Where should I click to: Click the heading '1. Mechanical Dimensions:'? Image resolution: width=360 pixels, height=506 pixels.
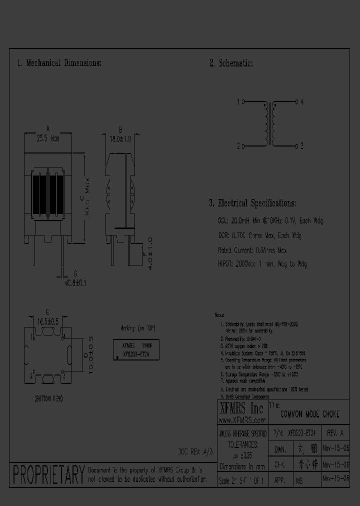click(x=59, y=63)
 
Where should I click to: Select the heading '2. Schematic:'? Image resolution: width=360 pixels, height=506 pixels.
click(x=230, y=63)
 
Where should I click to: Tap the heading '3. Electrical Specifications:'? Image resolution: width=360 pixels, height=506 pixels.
click(x=252, y=203)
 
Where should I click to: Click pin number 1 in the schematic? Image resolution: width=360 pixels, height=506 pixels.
click(x=238, y=102)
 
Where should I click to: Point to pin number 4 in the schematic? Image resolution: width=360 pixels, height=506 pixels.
click(x=302, y=102)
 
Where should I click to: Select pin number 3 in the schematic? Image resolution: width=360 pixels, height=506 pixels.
click(x=302, y=146)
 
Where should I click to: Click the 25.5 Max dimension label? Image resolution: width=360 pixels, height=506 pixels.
click(x=48, y=139)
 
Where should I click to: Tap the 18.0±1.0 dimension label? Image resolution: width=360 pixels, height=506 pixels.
click(x=120, y=139)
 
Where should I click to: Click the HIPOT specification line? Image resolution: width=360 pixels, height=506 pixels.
click(x=262, y=264)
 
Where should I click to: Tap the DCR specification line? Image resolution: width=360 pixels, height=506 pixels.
click(x=259, y=235)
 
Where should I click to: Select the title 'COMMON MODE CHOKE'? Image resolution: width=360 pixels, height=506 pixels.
click(x=309, y=414)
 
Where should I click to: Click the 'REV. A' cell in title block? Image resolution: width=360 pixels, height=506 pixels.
click(x=335, y=433)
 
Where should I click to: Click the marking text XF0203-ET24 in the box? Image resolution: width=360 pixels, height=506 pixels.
click(x=136, y=353)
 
